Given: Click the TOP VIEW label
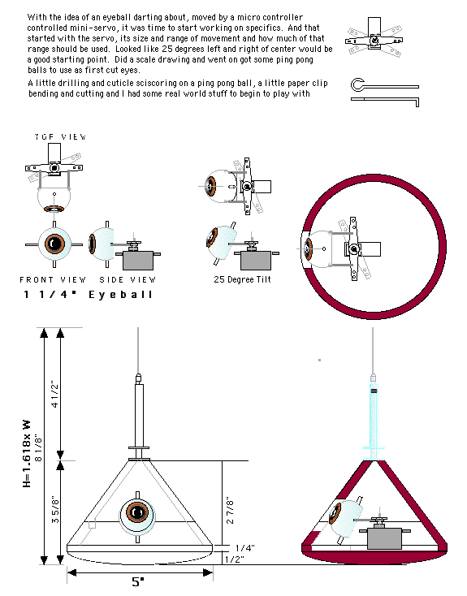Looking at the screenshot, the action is pos(60,137).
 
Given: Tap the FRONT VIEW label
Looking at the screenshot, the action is pos(53,280).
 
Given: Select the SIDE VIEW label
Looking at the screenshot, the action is pos(128,280).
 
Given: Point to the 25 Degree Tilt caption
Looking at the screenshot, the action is pos(242,279).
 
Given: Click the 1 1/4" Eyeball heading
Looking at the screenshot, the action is pos(89,295).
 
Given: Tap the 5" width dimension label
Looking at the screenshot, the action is pos(138,582).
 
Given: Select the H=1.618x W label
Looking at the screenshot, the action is pos(26,453).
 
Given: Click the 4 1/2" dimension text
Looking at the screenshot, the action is pos(55,395).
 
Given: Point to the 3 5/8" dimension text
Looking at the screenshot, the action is pos(55,509).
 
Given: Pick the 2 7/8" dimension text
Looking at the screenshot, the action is pos(230,510).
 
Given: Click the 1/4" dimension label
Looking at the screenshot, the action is pos(245,548).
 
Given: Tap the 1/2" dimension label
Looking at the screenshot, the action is pos(234,559).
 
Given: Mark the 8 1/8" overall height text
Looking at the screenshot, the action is pos(38,448).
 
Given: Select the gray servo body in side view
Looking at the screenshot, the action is pos(138,261).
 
